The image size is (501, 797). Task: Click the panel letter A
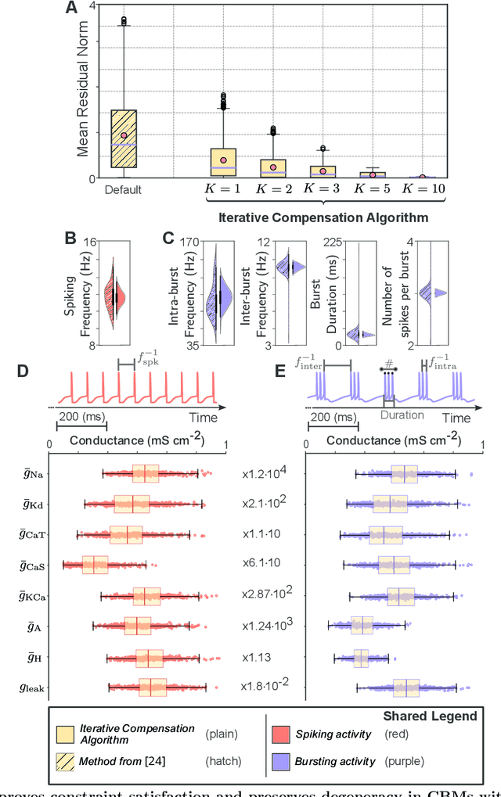point(72,9)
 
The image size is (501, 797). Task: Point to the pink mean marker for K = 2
point(273,167)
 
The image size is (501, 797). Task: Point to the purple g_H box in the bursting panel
point(361,657)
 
